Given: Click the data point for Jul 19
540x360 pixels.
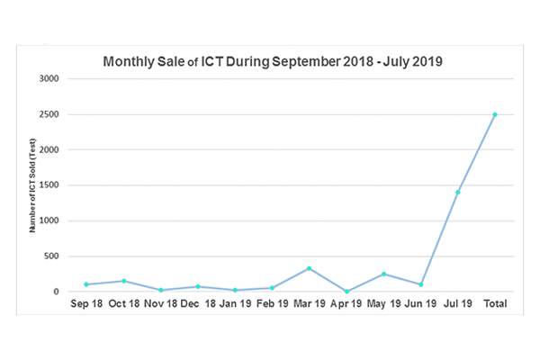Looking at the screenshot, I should point(457,192).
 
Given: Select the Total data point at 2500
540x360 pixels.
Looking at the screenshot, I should point(494,114).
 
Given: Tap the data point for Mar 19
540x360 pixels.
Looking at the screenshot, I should point(309,268).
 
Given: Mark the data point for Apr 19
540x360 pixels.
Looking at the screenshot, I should point(346,291).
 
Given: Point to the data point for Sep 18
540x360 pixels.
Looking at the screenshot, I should point(86,284).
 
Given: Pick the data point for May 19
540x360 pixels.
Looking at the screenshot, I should point(383,274).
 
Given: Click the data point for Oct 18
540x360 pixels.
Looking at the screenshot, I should point(123,281).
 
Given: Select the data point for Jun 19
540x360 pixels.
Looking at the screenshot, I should point(420,284).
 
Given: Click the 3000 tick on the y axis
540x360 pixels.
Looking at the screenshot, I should point(49,79).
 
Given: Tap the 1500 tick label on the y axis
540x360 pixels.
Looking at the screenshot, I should point(49,185).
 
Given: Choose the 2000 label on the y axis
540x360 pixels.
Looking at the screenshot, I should point(49,150).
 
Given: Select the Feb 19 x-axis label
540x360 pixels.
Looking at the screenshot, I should point(272,305).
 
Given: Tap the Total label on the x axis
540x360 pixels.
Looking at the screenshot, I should point(494,305).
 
